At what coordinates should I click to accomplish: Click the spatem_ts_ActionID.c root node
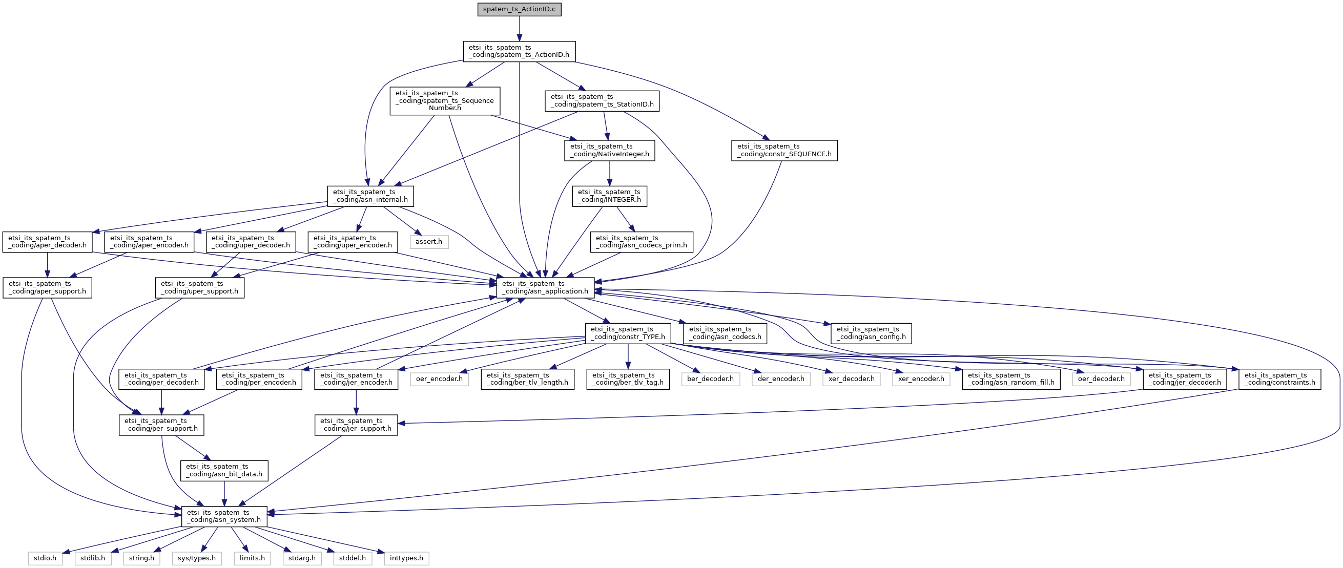click(519, 9)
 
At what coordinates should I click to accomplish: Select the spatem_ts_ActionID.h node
click(519, 52)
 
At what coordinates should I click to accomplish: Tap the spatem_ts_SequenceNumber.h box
click(445, 100)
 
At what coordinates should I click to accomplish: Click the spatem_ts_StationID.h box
click(602, 100)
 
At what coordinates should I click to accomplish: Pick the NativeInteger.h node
click(609, 151)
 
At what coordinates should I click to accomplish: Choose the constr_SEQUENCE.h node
click(784, 151)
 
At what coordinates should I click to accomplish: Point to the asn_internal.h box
click(370, 196)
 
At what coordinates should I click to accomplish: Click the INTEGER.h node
click(609, 196)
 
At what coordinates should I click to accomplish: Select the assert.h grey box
click(428, 242)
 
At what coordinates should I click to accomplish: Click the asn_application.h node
click(545, 288)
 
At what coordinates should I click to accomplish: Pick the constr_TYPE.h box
click(628, 333)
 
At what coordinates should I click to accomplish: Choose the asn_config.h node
click(871, 333)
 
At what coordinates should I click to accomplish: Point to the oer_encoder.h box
click(439, 379)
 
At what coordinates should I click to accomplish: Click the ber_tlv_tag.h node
click(628, 379)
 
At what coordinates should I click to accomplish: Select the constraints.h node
click(1279, 379)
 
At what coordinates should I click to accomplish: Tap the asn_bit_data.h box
click(224, 471)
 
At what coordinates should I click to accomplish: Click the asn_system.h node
click(224, 516)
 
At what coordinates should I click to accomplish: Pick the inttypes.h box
click(407, 558)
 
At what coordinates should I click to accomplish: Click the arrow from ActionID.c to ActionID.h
click(519, 29)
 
